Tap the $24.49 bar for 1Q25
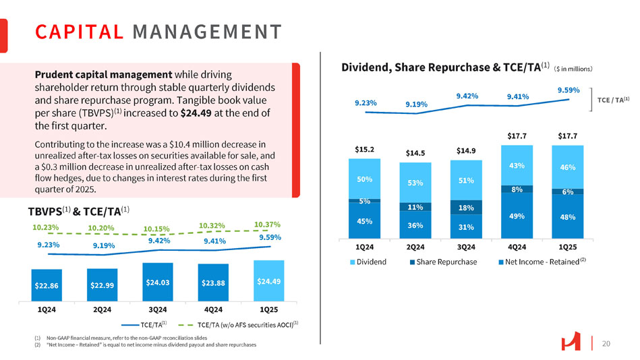[x=268, y=280]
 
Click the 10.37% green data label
[x=266, y=224]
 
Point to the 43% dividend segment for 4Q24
[x=517, y=165]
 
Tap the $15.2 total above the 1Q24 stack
[x=364, y=148]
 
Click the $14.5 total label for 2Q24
[x=415, y=153]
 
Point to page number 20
[x=606, y=344]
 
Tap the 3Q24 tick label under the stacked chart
[x=467, y=247]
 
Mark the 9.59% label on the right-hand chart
[x=569, y=90]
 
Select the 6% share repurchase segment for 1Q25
[x=568, y=191]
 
